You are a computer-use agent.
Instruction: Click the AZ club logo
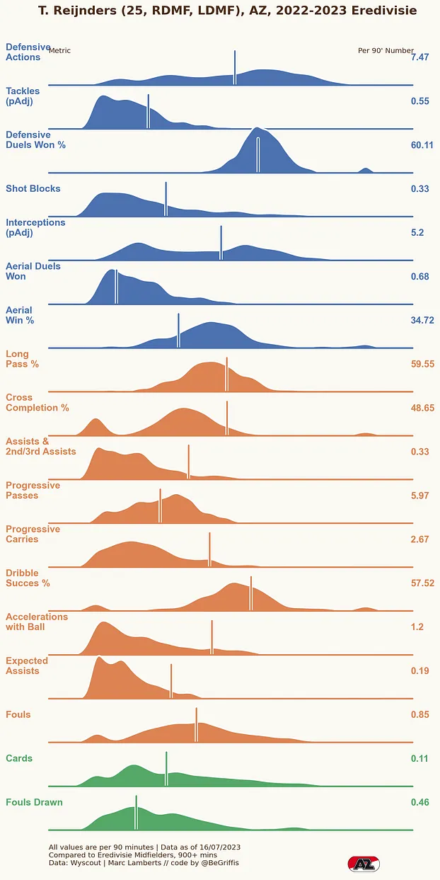pos(364,864)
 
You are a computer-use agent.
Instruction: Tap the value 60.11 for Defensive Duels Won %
pos(422,145)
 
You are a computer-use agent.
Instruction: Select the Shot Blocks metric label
pos(33,189)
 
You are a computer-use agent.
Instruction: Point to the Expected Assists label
pos(27,665)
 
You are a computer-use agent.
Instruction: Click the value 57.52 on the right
pos(422,583)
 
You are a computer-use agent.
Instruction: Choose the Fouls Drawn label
pos(34,803)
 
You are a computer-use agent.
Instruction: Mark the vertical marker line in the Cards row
pos(166,769)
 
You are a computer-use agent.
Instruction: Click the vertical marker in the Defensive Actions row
pos(235,68)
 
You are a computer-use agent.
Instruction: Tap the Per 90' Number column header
pos(386,51)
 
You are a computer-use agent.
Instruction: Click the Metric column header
pos(60,51)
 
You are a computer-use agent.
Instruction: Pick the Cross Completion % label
pos(37,403)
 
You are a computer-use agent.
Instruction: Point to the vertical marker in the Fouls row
pos(196,725)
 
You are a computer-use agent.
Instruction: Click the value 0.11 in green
pos(419,759)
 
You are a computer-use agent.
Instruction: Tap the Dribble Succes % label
pos(33,578)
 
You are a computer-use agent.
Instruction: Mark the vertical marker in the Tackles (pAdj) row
pos(148,111)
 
